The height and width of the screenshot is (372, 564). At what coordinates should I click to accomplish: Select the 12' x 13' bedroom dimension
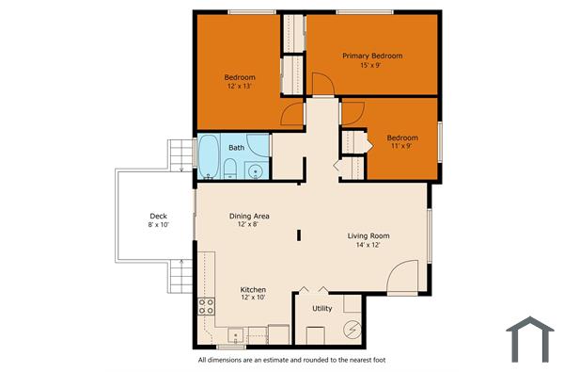pyautogui.click(x=240, y=87)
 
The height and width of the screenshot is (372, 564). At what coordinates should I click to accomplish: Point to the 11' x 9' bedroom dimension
pyautogui.click(x=401, y=147)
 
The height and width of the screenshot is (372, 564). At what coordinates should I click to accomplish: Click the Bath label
pyautogui.click(x=237, y=147)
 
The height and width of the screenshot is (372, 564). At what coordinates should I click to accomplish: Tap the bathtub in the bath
pyautogui.click(x=207, y=157)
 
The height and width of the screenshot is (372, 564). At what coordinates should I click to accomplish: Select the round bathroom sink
pyautogui.click(x=254, y=170)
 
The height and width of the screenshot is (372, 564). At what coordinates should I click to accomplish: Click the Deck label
pyautogui.click(x=158, y=216)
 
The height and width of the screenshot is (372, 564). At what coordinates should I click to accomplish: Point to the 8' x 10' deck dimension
pyautogui.click(x=158, y=225)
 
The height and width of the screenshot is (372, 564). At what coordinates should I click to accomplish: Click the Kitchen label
pyautogui.click(x=253, y=289)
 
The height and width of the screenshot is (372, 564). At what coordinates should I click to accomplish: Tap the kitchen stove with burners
pyautogui.click(x=206, y=305)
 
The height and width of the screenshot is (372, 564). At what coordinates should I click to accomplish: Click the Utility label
pyautogui.click(x=321, y=308)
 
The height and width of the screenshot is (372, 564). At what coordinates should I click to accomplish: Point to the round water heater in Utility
pyautogui.click(x=352, y=331)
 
